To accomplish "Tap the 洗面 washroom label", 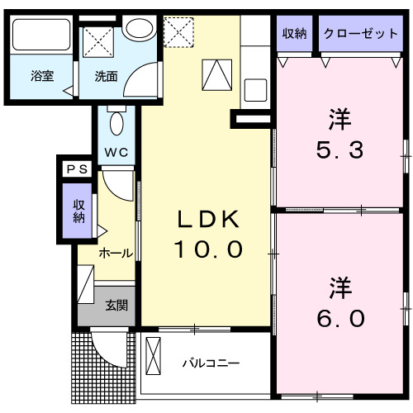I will pyautogui.click(x=106, y=77).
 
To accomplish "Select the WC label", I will pyautogui.click(x=115, y=152).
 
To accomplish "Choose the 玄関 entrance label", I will pyautogui.click(x=116, y=305).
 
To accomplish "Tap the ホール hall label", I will pyautogui.click(x=115, y=253).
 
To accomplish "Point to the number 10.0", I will pyautogui.click(x=208, y=248).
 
